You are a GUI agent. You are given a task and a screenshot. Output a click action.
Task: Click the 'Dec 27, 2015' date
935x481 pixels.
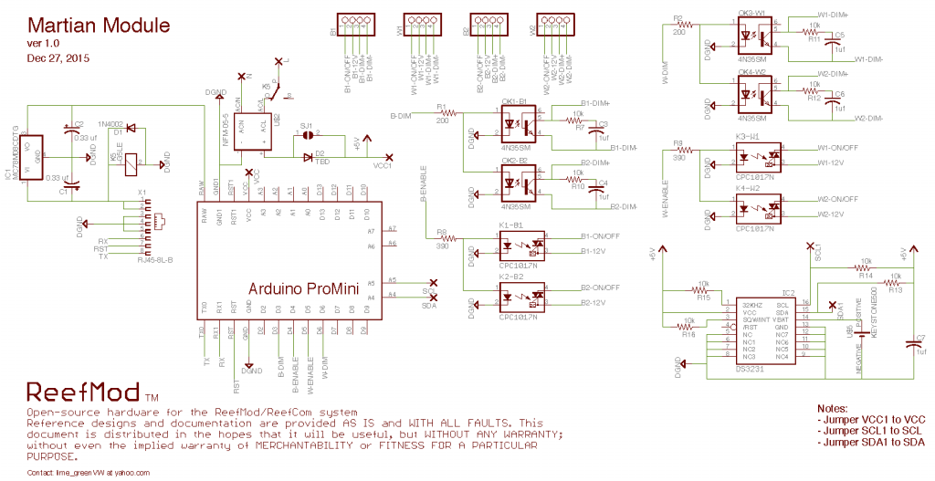pyautogui.click(x=58, y=58)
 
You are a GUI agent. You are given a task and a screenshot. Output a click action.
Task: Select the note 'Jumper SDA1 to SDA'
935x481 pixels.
pyautogui.click(x=869, y=442)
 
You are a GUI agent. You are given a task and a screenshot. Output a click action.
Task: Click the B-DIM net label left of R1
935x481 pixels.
pyautogui.click(x=402, y=116)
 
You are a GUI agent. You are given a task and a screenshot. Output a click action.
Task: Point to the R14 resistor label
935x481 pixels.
pyautogui.click(x=866, y=275)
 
